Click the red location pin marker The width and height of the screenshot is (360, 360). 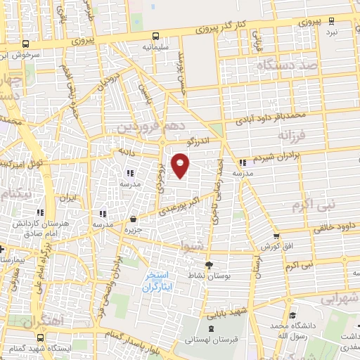tap(181, 165)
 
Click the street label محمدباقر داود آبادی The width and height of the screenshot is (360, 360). tap(269, 113)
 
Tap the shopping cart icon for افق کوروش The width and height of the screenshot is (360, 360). tap(276, 236)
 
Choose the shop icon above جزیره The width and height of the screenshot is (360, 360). tap(133, 219)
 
